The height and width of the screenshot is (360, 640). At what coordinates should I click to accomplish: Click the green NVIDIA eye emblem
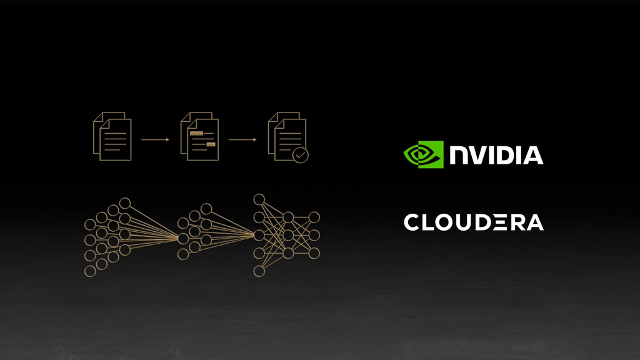pos(423,155)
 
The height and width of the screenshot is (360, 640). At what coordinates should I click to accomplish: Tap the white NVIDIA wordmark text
pos(496,155)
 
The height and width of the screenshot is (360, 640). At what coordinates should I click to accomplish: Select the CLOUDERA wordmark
pos(474,222)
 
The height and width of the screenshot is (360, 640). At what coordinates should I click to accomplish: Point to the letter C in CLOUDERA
pos(412,222)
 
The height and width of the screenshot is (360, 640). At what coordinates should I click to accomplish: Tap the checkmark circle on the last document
pos(301,155)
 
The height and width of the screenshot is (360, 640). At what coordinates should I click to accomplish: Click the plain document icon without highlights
pos(112,136)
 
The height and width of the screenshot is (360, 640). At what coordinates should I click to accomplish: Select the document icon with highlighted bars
pos(199,136)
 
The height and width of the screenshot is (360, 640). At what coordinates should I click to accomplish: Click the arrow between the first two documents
pos(155,139)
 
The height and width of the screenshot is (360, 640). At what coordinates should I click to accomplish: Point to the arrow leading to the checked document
pos(242,139)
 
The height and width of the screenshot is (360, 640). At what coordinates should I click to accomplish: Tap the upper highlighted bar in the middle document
pos(196,134)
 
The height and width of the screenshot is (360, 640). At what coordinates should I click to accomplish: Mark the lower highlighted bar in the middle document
pos(211,144)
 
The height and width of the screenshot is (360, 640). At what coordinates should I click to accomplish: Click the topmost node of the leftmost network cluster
pos(125,203)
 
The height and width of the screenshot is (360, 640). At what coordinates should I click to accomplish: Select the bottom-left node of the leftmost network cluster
pos(90,271)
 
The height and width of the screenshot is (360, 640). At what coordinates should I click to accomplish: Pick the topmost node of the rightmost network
pos(259,199)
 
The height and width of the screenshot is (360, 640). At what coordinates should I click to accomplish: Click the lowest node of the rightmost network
pos(259,271)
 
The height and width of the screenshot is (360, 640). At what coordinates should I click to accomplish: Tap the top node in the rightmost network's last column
pos(314,217)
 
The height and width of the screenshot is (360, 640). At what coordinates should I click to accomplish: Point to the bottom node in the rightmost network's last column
pos(314,253)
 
